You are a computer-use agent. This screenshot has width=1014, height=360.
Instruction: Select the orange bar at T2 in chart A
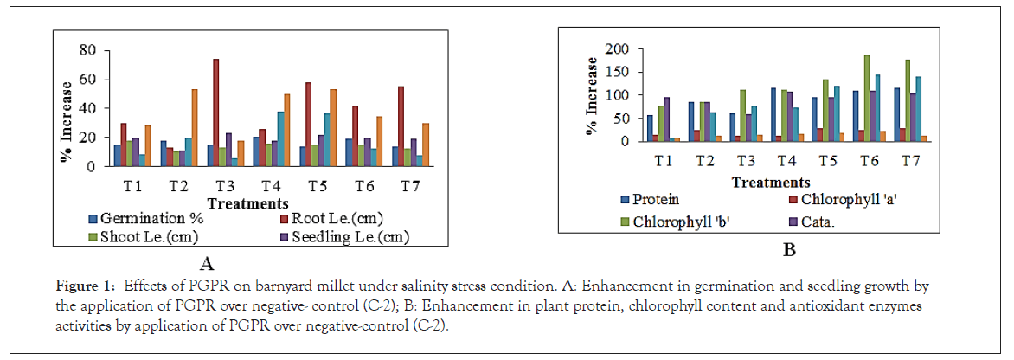pos(195,127)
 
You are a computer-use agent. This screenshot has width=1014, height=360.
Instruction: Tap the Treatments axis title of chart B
pos(770,182)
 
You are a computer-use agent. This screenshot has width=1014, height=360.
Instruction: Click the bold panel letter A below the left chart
pos(207,264)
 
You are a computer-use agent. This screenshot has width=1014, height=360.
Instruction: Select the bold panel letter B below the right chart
pos(788,251)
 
